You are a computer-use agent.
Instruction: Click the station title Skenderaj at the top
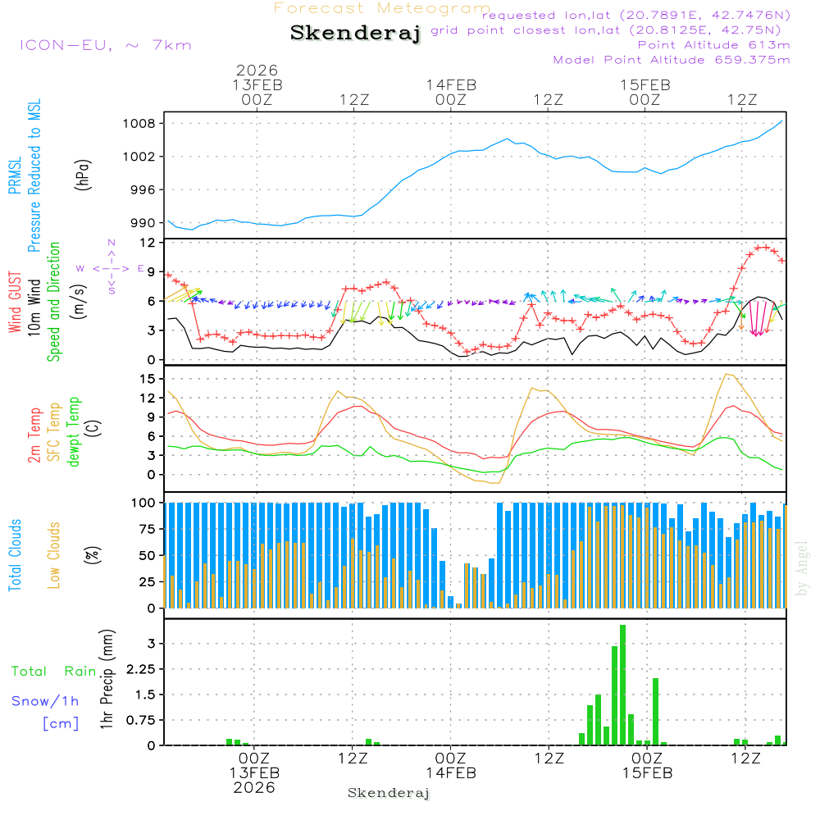(355, 34)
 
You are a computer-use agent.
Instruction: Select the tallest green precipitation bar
(622, 685)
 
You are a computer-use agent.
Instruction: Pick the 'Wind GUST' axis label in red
(16, 302)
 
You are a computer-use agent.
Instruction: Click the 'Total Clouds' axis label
(16, 554)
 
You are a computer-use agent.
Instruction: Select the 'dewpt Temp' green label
(74, 432)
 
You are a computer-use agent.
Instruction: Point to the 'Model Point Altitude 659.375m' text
(672, 60)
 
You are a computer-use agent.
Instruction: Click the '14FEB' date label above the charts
(451, 84)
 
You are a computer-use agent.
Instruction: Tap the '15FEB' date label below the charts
(647, 773)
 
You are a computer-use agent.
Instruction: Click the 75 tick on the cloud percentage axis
(145, 529)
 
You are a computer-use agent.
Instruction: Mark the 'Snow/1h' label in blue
(45, 701)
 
